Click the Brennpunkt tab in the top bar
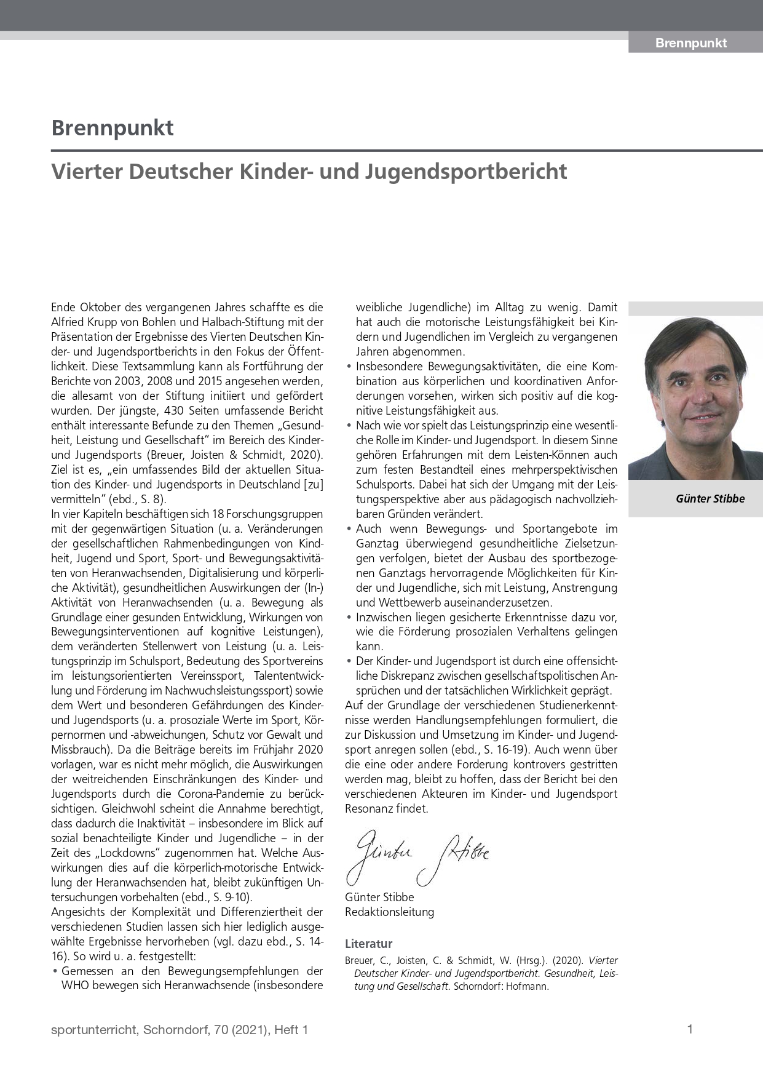[x=690, y=43]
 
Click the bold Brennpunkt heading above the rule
[x=113, y=128]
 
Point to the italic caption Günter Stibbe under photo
[x=710, y=499]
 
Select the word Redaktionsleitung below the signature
[x=389, y=912]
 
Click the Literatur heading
[x=368, y=944]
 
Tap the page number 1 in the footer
[x=690, y=1029]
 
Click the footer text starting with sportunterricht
[x=179, y=1030]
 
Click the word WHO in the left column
[x=75, y=985]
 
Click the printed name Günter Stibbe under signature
[x=379, y=897]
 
